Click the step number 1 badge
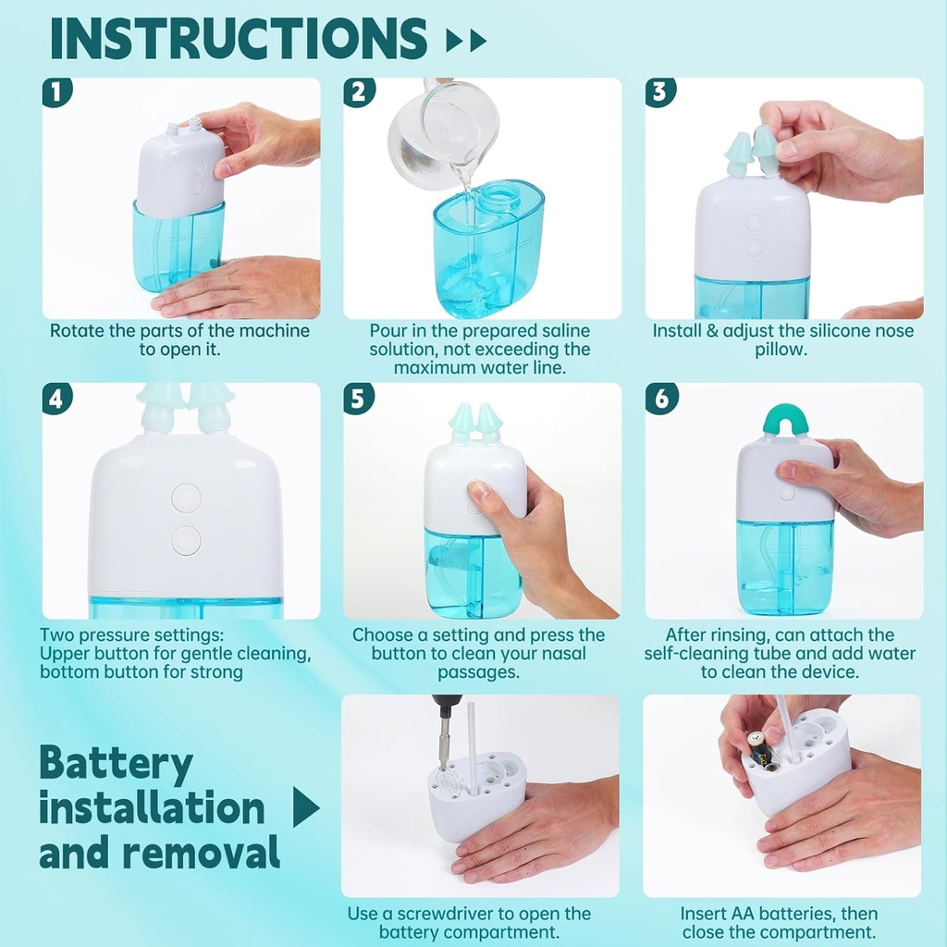tap(57, 92)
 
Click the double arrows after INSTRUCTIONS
tap(465, 41)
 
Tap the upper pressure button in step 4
tap(186, 498)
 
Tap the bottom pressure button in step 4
tap(186, 540)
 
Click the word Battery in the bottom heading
tap(116, 765)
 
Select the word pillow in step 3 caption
tap(782, 349)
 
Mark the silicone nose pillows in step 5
tap(475, 424)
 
